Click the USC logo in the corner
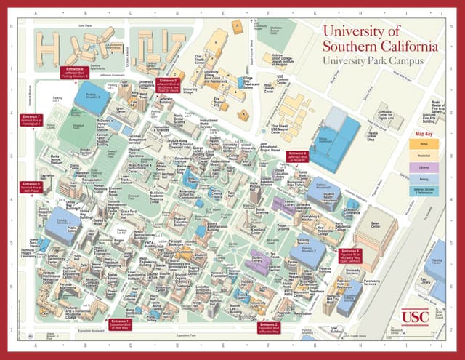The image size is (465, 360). [x=415, y=316]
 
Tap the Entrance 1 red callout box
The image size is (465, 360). [x=119, y=324]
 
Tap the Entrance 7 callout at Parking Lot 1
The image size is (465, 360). [x=31, y=120]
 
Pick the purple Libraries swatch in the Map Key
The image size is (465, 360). [x=424, y=167]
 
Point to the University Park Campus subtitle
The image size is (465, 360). [x=373, y=62]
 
